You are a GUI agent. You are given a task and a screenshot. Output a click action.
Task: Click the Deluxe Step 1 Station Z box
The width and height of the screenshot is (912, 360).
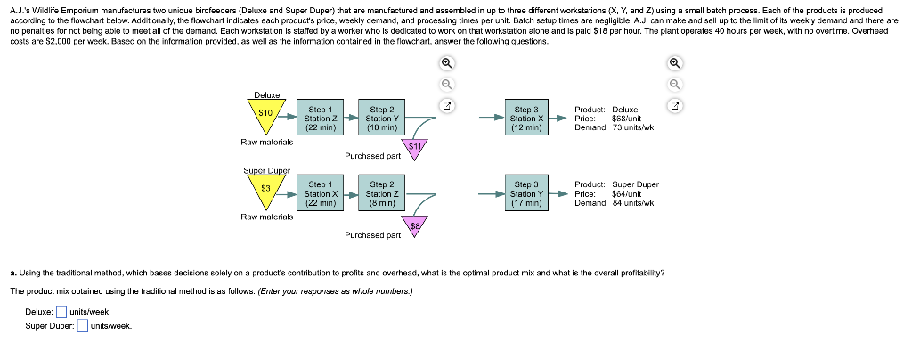coord(321,118)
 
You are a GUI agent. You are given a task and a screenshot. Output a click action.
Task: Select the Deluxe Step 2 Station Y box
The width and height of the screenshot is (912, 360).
coord(382,118)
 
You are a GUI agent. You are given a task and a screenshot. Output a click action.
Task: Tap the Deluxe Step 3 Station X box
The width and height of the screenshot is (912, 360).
coord(527,118)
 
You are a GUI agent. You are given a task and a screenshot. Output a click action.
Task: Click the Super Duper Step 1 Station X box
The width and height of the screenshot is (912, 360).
coord(321,193)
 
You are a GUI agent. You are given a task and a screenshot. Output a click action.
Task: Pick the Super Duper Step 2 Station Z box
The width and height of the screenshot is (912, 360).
coord(382,193)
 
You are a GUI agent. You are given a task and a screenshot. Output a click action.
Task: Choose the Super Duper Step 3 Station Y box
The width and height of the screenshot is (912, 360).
coord(527,193)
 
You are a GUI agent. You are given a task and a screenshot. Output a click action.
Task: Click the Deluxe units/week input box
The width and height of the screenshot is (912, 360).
coord(61,312)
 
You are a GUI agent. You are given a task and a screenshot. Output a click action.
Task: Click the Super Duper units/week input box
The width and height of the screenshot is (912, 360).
coord(82,325)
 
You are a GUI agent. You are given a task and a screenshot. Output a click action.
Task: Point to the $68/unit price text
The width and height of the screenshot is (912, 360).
coord(626,118)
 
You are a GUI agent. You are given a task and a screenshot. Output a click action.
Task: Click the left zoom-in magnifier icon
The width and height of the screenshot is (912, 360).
coord(446,63)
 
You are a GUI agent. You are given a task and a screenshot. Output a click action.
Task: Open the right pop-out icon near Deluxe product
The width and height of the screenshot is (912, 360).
coord(674,106)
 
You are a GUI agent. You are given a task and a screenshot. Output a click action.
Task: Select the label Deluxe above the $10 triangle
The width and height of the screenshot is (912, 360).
coord(267,94)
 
